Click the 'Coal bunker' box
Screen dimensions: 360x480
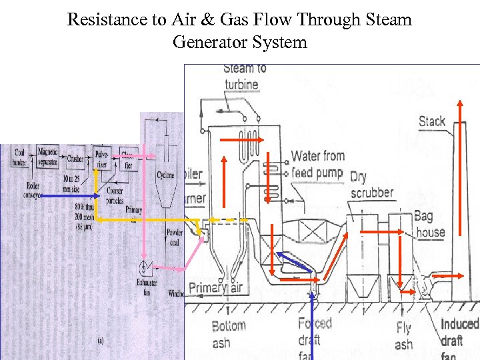coord(20,157)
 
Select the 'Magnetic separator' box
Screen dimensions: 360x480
coord(48,157)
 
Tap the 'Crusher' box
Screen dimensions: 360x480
coord(75,159)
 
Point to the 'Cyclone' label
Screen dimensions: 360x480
coord(165,175)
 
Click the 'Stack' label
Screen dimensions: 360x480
coord(431,121)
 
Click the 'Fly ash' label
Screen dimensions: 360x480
coord(403,336)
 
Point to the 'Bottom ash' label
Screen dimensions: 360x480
coord(228,334)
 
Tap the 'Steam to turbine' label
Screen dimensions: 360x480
coord(244,76)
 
